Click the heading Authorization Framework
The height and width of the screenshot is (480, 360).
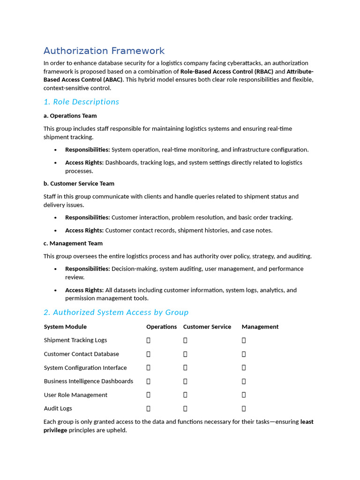point(104,51)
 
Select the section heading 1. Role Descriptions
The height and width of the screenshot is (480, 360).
point(81,102)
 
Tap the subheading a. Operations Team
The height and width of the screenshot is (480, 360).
point(70,116)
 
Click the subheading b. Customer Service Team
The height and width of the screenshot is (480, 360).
point(79,184)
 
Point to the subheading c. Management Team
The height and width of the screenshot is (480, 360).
point(73,243)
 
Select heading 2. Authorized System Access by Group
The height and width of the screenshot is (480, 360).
point(116,312)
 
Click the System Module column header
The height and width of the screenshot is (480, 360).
point(65,327)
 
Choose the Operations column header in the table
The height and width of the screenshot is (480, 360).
point(161,327)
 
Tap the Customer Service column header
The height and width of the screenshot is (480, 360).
point(207,327)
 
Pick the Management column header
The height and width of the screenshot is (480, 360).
point(260,327)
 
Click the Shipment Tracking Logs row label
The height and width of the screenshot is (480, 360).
point(75,340)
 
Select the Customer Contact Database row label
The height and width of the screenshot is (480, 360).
point(81,354)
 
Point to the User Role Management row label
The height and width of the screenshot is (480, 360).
point(75,395)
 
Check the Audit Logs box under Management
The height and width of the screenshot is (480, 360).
point(244,409)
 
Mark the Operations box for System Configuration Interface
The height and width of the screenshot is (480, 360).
point(149,368)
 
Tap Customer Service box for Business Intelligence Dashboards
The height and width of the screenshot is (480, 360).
point(185,382)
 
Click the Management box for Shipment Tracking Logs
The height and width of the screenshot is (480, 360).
point(244,340)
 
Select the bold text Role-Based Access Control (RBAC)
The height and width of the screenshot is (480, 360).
point(226,72)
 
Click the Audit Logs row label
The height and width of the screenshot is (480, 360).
point(58,409)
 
